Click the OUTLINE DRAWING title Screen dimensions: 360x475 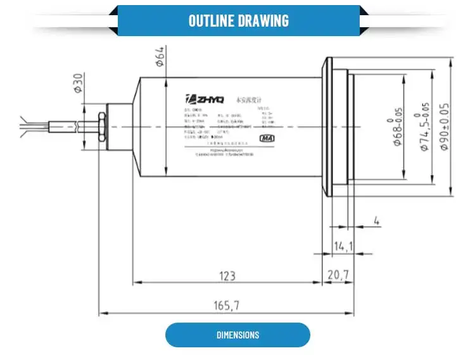point(238,20)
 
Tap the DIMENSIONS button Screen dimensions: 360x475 point(237,335)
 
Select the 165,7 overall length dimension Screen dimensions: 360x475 point(226,305)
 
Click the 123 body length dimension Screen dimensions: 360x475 point(227,276)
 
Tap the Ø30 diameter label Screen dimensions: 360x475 point(79,83)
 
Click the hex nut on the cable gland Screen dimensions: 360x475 point(101,126)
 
